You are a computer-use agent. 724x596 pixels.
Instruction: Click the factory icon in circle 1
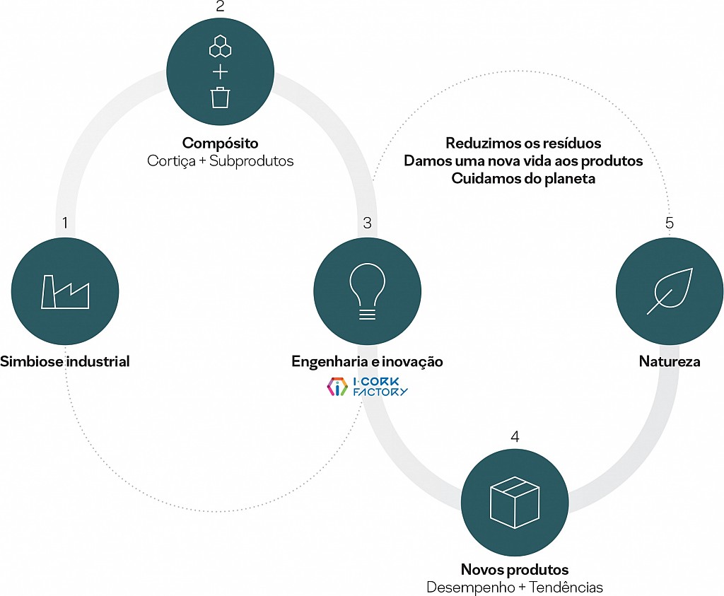65,292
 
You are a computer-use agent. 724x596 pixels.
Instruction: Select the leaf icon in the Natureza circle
670,291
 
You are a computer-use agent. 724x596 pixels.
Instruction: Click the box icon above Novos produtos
515,502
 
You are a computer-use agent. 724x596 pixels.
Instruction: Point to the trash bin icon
221,98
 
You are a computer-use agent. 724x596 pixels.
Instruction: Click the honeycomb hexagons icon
221,46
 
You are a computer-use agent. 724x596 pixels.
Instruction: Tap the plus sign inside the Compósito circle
221,73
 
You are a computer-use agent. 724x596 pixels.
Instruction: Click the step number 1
65,223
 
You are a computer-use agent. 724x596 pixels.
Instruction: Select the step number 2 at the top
221,6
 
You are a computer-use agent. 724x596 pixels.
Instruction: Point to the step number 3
367,223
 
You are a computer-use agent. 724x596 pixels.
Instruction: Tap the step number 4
515,436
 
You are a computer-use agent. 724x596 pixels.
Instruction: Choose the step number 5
670,223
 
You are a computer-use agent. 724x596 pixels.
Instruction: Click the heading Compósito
221,143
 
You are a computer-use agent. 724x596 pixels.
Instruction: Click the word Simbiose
31,361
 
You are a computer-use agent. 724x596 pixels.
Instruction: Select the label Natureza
670,361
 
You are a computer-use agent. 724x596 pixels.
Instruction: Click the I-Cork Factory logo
367,387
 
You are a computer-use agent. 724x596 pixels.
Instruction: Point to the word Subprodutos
251,161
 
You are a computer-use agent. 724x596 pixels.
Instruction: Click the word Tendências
566,588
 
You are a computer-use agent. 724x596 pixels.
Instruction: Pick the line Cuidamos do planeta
523,178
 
